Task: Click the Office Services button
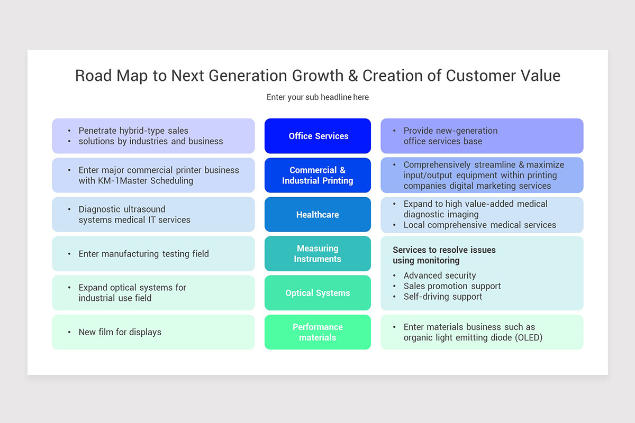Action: tap(317, 136)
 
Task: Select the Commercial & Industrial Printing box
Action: tap(317, 175)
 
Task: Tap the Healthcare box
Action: tap(317, 215)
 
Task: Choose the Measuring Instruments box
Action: tap(317, 254)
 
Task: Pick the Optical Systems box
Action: tap(317, 293)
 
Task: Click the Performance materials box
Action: tap(317, 332)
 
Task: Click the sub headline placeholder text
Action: tap(317, 97)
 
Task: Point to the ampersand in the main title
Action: tap(353, 76)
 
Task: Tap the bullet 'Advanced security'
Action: tap(440, 275)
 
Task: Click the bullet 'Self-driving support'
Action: tap(442, 297)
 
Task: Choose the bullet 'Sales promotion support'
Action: tap(452, 286)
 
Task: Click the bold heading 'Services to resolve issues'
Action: tap(444, 250)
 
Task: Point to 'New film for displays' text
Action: tap(120, 332)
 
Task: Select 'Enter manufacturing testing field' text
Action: tap(143, 254)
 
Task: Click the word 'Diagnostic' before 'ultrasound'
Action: tap(100, 209)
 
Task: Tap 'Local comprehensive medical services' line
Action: tap(479, 225)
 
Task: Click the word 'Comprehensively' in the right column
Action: tap(437, 165)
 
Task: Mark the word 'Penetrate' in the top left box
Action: tap(97, 131)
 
